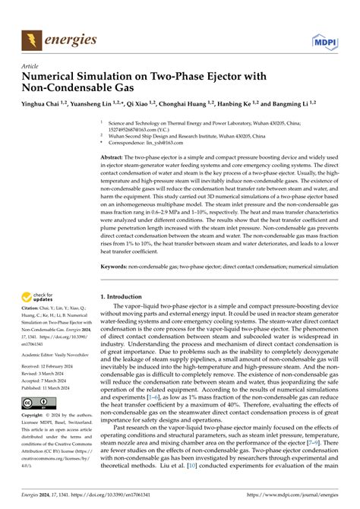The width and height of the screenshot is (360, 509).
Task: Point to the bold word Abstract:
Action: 115,155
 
